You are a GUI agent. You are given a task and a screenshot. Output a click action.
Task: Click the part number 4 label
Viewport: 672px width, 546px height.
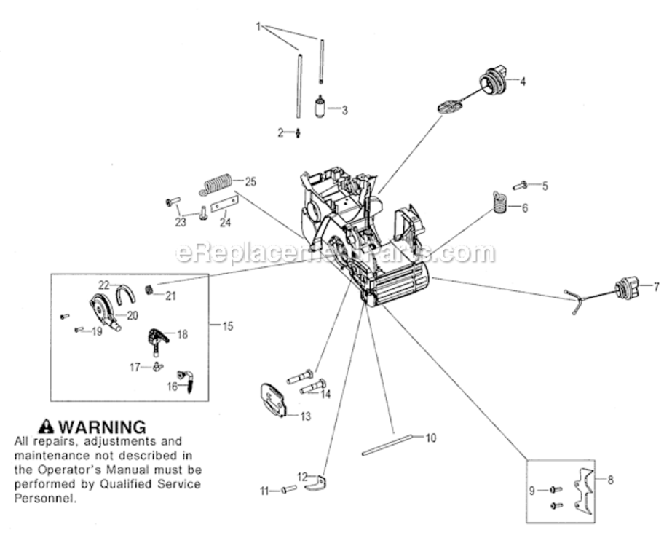pyautogui.click(x=522, y=82)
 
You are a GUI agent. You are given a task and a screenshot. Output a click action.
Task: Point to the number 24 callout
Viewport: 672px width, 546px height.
pyautogui.click(x=225, y=222)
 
